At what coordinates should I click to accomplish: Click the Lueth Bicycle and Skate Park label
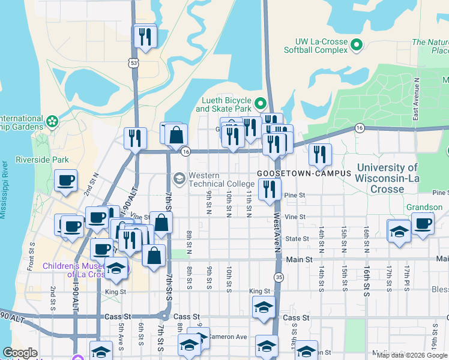223,104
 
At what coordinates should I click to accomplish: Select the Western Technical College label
221,179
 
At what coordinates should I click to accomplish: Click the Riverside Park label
42,160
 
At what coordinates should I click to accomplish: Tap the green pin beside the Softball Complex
357,45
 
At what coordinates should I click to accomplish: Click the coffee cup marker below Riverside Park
66,179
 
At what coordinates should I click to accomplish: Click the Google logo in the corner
20,353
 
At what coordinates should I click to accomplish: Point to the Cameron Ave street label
229,337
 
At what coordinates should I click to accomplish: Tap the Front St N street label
31,257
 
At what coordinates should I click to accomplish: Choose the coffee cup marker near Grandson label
423,223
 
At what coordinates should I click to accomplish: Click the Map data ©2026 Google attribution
412,355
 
